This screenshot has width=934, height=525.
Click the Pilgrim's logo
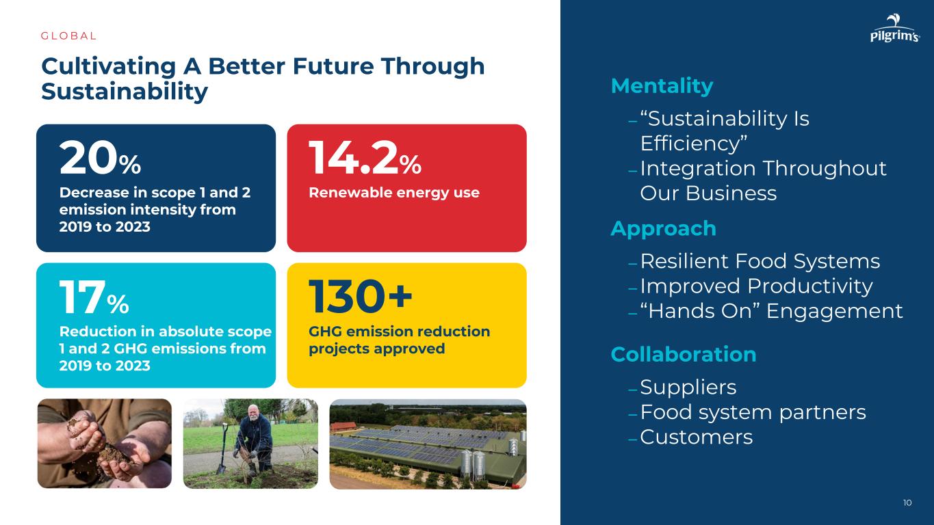pos(895,28)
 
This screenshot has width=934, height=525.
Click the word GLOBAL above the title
pos(69,36)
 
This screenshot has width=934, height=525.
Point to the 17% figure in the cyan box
pos(94,297)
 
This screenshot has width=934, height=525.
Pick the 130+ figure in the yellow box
pos(360,296)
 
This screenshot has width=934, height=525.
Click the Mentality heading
pos(662,86)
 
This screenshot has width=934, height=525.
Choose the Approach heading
pos(664,229)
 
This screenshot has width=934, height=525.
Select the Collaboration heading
pos(684,355)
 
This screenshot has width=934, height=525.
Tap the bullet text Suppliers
pos(688,388)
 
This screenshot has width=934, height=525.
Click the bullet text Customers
pos(697,437)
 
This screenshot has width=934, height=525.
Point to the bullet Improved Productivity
pos(756,286)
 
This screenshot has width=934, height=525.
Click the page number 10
pos(907,503)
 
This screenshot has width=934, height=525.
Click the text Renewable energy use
pos(394,193)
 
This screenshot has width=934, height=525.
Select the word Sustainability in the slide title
pos(125,92)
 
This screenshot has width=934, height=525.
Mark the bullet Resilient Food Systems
pos(760,261)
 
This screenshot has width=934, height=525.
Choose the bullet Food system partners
pos(753,412)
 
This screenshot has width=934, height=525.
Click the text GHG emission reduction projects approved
pos(399,340)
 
